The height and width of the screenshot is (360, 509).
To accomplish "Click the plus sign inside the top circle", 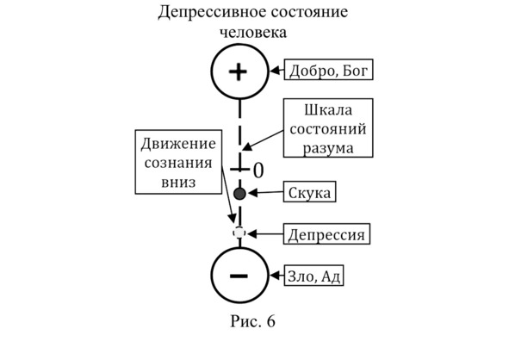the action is click(239, 71).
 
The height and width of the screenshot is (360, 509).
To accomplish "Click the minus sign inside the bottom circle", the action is click(239, 276).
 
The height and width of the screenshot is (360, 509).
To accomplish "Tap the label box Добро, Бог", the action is click(328, 70).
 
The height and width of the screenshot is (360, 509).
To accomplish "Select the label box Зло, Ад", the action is click(313, 276).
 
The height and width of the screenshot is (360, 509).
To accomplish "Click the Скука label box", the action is click(310, 192).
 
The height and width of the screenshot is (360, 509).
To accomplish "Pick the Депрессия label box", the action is click(326, 233).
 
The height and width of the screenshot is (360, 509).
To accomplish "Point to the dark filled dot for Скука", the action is click(240, 194).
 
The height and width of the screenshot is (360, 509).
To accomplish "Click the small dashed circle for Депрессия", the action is click(239, 233).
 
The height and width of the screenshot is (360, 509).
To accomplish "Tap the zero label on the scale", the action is click(258, 171).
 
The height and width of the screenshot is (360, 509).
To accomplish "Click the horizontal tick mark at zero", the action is click(240, 169).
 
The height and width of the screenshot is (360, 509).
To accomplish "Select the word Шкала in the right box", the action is click(328, 110).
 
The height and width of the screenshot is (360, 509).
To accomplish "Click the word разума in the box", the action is click(328, 148).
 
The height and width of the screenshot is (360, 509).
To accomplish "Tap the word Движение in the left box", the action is click(178, 144).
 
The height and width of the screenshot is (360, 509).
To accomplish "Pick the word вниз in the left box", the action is click(178, 182).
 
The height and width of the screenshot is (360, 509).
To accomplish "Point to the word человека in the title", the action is click(253, 32).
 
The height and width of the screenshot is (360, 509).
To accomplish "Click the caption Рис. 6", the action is click(253, 321).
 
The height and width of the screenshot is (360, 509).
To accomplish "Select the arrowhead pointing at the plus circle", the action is click(276, 70).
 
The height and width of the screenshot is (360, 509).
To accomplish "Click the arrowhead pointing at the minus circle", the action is click(276, 276).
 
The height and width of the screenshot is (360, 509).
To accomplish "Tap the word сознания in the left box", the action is click(178, 163).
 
